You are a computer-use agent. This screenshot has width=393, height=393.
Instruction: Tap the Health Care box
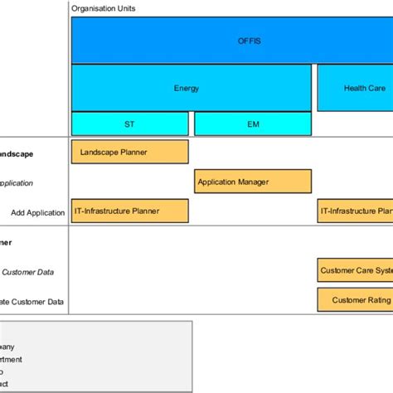point(355,88)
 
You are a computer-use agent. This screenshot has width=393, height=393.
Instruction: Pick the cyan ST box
point(129,124)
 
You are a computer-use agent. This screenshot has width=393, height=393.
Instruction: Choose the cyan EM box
point(253,124)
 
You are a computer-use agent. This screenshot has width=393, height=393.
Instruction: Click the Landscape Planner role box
point(129,152)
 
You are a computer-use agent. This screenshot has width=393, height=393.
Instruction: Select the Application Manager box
point(253,181)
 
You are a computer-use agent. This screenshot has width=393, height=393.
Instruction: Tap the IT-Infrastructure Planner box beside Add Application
point(129,211)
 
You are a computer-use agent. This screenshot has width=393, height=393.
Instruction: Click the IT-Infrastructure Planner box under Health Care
point(355,211)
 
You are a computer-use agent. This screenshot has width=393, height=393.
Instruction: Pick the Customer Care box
point(355,270)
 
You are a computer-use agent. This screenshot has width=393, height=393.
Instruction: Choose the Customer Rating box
point(355,299)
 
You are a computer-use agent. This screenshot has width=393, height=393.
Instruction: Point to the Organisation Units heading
point(104,8)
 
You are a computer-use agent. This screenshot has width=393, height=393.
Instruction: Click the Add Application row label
point(37,212)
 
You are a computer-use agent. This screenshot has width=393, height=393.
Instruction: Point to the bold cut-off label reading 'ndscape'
point(17,154)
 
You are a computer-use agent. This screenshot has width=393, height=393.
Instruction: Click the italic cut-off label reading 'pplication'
point(17,183)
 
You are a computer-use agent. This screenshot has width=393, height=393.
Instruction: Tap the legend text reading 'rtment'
point(11,359)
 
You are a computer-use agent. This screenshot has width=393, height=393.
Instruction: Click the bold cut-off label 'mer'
point(7,243)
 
